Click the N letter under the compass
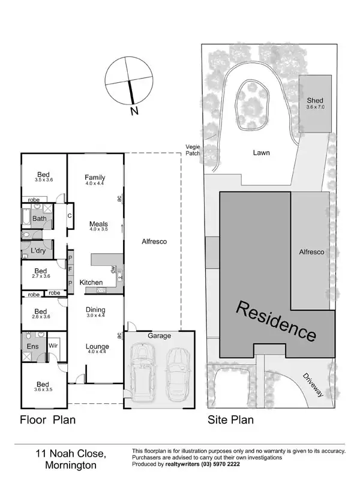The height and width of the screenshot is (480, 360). (134, 111)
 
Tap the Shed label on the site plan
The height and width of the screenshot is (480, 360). (315, 100)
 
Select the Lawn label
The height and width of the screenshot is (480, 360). (261, 152)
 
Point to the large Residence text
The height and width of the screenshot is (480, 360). (276, 322)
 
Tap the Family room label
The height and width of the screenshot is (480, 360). (95, 178)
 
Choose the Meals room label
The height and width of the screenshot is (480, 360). (98, 224)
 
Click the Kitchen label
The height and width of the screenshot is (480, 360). (91, 282)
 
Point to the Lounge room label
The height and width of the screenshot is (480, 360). (97, 346)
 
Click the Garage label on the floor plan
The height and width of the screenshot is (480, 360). (160, 336)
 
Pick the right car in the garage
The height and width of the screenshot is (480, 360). (178, 374)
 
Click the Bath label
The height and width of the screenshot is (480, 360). (40, 218)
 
